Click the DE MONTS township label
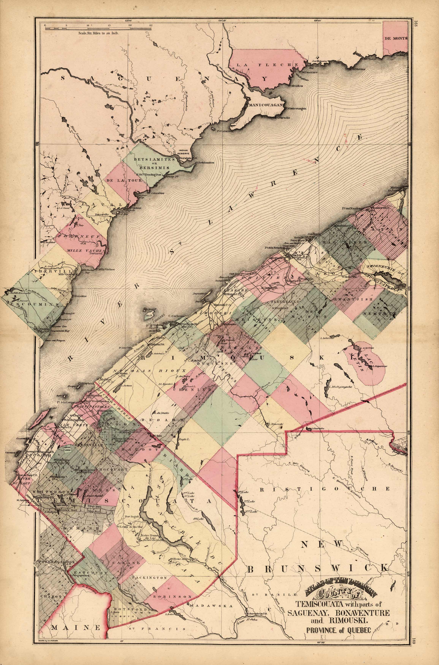click(x=396, y=39)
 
